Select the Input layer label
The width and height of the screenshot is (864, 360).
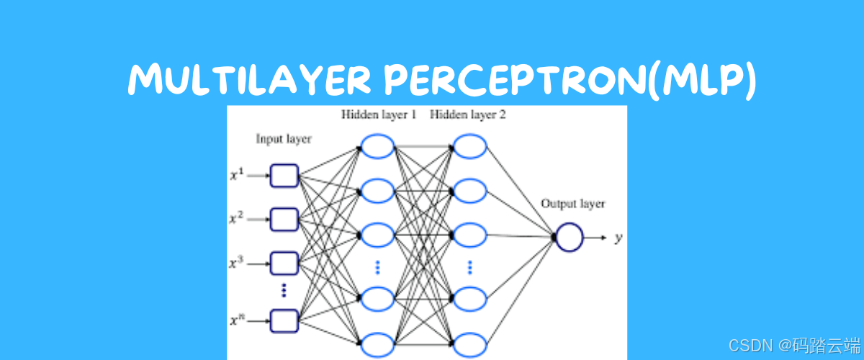[284, 139]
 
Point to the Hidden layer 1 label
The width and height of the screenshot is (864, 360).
[379, 114]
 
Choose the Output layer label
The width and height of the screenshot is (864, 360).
[573, 204]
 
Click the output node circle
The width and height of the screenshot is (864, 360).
[569, 237]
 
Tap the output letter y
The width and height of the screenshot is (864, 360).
[618, 238]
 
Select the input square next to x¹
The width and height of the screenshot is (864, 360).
[284, 176]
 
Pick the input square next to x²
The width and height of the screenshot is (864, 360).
[284, 218]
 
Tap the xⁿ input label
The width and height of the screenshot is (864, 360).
[237, 319]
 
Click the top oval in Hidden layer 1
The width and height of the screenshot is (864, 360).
[377, 147]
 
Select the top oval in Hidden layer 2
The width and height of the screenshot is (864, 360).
[469, 147]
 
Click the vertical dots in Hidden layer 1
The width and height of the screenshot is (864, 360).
[377, 267]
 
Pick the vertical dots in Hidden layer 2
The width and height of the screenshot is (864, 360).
[469, 267]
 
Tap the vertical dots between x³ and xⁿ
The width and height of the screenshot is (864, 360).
[284, 290]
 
